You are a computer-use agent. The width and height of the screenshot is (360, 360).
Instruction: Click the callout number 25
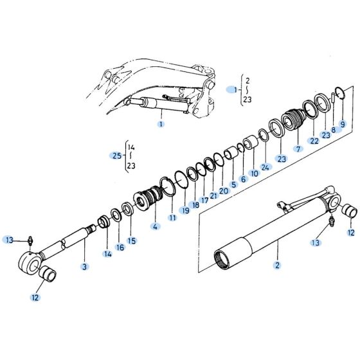click(x=115, y=156)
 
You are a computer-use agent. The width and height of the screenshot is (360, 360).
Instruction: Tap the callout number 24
click(x=266, y=166)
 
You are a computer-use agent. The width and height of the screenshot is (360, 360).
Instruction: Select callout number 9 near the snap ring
click(x=342, y=123)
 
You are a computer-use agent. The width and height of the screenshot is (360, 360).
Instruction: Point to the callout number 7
click(x=298, y=148)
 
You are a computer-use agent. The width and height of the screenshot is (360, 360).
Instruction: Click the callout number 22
click(x=314, y=141)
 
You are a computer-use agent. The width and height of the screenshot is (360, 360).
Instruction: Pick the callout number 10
click(x=254, y=173)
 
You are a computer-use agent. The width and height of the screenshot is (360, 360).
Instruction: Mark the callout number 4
click(x=154, y=226)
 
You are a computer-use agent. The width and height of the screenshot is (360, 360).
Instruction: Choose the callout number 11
click(x=172, y=218)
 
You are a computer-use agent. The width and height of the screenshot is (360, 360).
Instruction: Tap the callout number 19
click(x=185, y=210)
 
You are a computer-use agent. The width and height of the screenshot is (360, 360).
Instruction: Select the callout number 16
click(x=120, y=247)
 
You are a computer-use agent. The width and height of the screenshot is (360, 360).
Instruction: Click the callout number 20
click(x=223, y=190)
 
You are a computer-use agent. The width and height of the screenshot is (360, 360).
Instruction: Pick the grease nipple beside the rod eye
click(x=30, y=240)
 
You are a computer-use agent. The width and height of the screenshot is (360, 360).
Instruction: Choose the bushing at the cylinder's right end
click(x=351, y=211)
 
